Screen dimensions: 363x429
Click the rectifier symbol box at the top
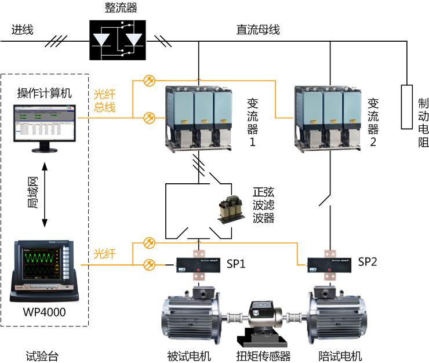click(118, 39)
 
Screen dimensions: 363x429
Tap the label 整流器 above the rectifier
click(118, 8)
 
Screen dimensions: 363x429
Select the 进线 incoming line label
click(22, 30)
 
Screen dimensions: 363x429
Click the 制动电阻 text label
click(424, 121)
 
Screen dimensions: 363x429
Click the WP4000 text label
click(44, 313)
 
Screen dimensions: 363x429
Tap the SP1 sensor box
click(197, 264)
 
